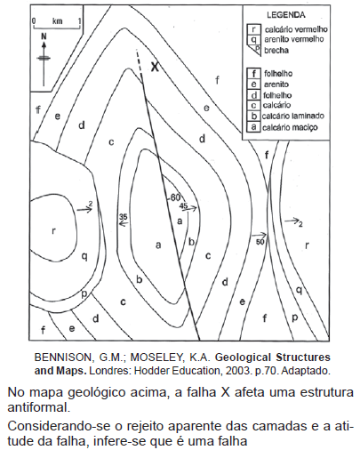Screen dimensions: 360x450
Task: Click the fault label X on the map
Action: [x=155, y=67]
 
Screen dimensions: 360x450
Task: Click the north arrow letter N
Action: [x=44, y=36]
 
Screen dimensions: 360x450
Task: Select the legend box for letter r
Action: [x=254, y=29]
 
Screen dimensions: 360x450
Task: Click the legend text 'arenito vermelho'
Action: [x=294, y=39]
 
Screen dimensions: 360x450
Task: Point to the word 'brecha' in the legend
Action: [x=276, y=51]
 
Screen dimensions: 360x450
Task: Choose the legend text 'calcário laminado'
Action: [x=293, y=116]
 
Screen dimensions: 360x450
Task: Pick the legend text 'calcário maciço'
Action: [x=290, y=127]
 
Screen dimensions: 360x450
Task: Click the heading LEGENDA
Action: [x=286, y=15]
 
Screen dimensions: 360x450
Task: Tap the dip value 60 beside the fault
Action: [x=175, y=197]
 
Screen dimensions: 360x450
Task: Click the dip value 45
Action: [x=184, y=205]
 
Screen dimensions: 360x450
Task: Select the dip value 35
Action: [x=124, y=217]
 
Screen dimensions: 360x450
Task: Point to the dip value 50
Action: [x=260, y=242]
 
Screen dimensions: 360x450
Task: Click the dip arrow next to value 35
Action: [x=124, y=224]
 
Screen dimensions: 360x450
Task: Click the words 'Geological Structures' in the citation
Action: [x=273, y=358]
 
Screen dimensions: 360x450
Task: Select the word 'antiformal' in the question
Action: [x=39, y=407]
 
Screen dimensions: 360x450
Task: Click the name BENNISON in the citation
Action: [x=64, y=358]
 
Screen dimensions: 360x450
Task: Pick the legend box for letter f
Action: [x=254, y=73]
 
